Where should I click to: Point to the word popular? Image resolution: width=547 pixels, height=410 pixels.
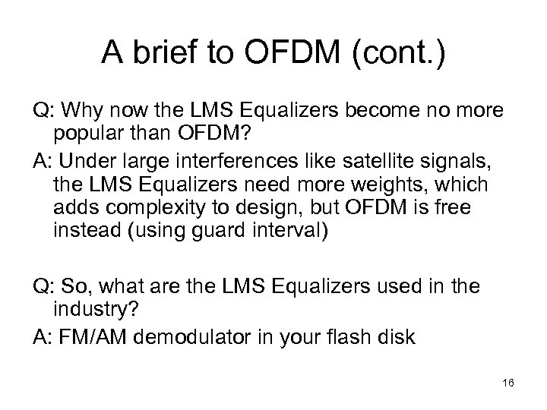point(90,134)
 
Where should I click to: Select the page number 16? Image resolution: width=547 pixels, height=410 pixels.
point(508,386)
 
